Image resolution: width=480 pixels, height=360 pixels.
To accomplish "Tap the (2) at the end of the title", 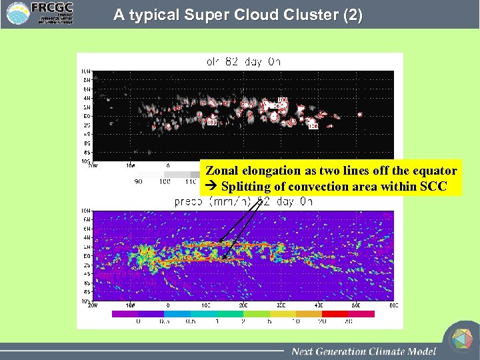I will point(351,15).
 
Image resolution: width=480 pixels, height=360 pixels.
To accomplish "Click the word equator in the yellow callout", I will point(435,171).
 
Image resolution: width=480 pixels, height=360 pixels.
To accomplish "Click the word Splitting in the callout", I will point(244,187).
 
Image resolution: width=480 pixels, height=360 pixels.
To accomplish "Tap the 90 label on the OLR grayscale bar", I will point(139,181).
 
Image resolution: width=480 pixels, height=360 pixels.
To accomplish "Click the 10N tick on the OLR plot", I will point(86,71).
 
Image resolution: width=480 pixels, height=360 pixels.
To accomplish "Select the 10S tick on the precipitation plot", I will point(86,301).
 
